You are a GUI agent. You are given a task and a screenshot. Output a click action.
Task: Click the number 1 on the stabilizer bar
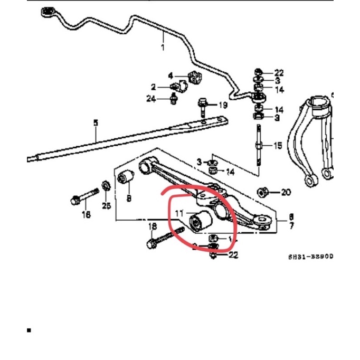[x=163, y=48]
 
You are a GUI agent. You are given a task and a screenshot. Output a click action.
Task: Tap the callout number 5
[x=96, y=123]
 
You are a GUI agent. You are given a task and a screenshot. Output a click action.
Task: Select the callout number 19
[x=222, y=105]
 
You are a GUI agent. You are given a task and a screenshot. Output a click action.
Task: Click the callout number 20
[x=286, y=192]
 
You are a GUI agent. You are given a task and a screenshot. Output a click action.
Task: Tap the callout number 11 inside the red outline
[x=179, y=214]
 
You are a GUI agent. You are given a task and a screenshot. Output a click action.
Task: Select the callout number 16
[x=86, y=214]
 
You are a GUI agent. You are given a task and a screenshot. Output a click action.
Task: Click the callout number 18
[x=153, y=226]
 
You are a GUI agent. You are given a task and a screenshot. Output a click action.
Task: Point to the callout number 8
[x=128, y=198]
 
